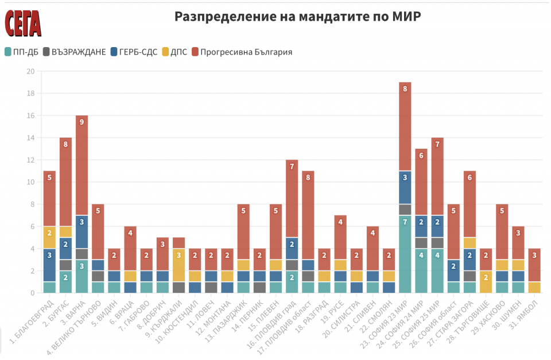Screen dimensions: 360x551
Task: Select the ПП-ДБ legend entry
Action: [21, 52]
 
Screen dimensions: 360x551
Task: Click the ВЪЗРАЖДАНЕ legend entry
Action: [74, 52]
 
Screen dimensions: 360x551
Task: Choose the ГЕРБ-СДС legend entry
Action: [134, 52]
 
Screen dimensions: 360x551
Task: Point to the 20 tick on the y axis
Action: [30, 71]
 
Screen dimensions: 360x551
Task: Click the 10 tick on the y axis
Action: [30, 182]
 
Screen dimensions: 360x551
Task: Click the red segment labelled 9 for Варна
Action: [82, 165]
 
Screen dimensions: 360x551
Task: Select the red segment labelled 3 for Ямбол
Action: [535, 265]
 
